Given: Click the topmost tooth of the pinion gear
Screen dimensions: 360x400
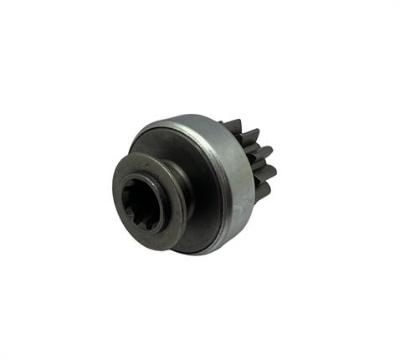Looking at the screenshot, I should click(x=232, y=126).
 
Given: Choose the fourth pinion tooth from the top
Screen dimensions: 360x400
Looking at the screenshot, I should click(x=267, y=172).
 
